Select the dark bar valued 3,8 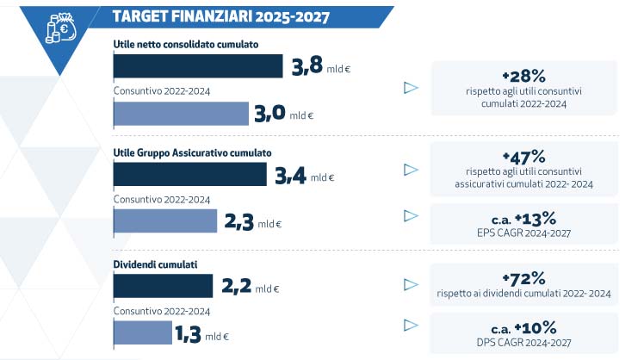[x=198, y=66]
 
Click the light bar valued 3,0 [x=181, y=114]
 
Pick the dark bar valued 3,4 [x=189, y=175]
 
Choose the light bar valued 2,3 [x=164, y=221]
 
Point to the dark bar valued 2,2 [x=163, y=285]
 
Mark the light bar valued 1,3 [x=143, y=332]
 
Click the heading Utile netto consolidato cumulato [x=186, y=44]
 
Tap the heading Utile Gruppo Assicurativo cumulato [x=192, y=152]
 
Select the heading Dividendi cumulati [x=153, y=263]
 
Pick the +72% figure [x=524, y=278]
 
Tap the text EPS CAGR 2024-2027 [x=524, y=232]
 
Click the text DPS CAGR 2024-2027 [x=524, y=341]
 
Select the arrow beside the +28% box [x=411, y=87]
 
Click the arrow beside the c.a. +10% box [x=411, y=326]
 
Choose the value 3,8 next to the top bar [x=307, y=68]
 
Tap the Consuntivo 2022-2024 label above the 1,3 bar [x=162, y=311]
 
